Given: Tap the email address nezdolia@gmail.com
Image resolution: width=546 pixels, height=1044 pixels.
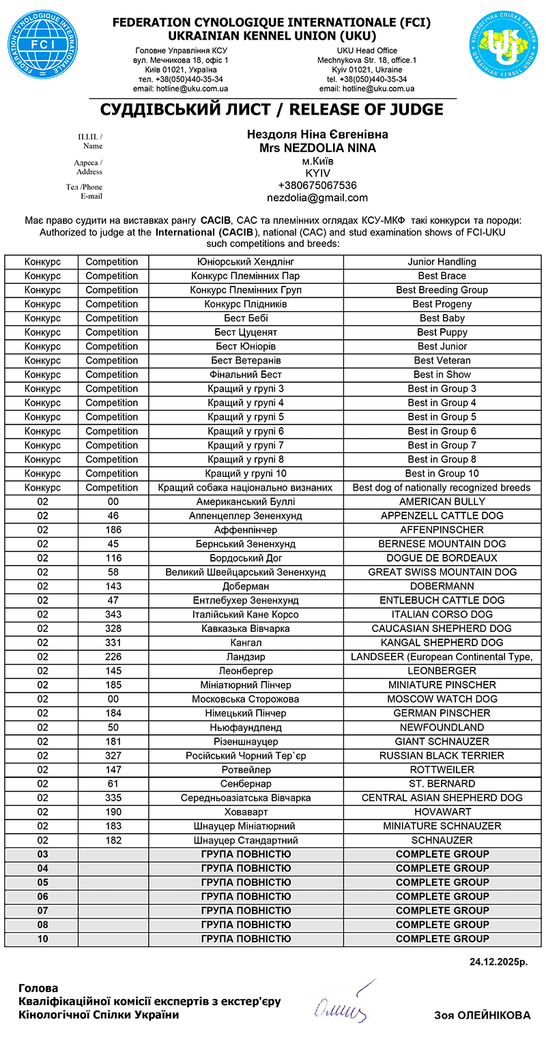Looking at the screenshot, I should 317,198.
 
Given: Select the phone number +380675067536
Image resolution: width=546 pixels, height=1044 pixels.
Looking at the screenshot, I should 317,186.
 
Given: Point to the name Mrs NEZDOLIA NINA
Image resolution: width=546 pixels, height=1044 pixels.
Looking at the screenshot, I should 317,148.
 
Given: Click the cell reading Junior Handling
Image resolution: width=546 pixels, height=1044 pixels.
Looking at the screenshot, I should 442,262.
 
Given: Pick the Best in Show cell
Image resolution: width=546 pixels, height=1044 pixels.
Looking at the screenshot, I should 442,375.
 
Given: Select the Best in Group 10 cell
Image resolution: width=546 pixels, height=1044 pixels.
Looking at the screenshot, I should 442,474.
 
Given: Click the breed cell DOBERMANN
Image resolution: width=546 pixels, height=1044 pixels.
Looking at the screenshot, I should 442,586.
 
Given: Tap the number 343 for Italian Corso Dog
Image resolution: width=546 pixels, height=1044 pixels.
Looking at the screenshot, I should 113,615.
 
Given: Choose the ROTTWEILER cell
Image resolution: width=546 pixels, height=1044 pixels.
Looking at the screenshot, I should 442,770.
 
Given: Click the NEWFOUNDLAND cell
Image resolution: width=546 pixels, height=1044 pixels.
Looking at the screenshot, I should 442,727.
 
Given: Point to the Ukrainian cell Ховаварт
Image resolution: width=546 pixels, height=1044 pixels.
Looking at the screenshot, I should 246,812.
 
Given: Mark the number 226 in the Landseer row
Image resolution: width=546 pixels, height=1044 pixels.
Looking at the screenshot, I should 113,657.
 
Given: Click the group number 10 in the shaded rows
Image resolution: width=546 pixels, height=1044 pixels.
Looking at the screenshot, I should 43,939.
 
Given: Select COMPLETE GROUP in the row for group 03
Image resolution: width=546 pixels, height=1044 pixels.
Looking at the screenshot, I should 442,854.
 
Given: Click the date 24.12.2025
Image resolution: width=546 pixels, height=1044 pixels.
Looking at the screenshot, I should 498,962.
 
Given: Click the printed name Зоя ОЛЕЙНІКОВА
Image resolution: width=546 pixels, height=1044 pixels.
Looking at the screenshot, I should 482,1015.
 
